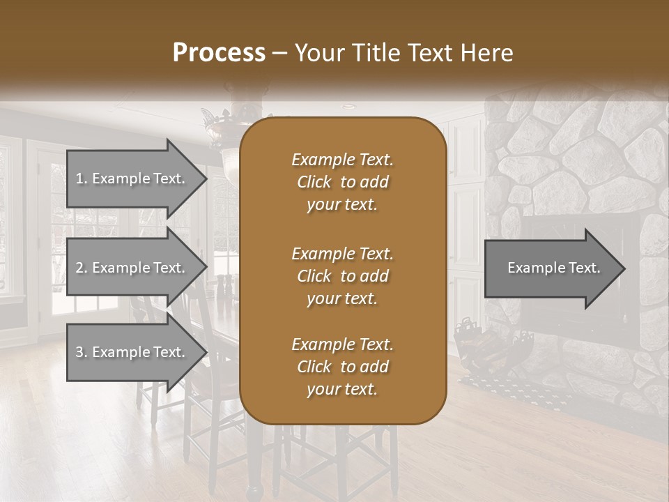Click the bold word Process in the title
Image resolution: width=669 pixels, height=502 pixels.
[x=219, y=53]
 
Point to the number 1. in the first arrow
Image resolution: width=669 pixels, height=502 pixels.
[x=81, y=179]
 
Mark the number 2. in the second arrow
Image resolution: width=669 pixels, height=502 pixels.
[x=82, y=268]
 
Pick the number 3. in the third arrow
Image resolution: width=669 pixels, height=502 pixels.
[x=82, y=352]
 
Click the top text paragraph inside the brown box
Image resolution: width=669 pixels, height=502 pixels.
[x=342, y=182]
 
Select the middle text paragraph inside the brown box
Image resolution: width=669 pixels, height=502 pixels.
[x=342, y=276]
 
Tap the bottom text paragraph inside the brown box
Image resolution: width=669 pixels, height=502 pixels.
[x=342, y=367]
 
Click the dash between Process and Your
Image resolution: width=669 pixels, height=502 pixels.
[x=280, y=54]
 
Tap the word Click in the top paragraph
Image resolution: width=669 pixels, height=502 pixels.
[x=314, y=182]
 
